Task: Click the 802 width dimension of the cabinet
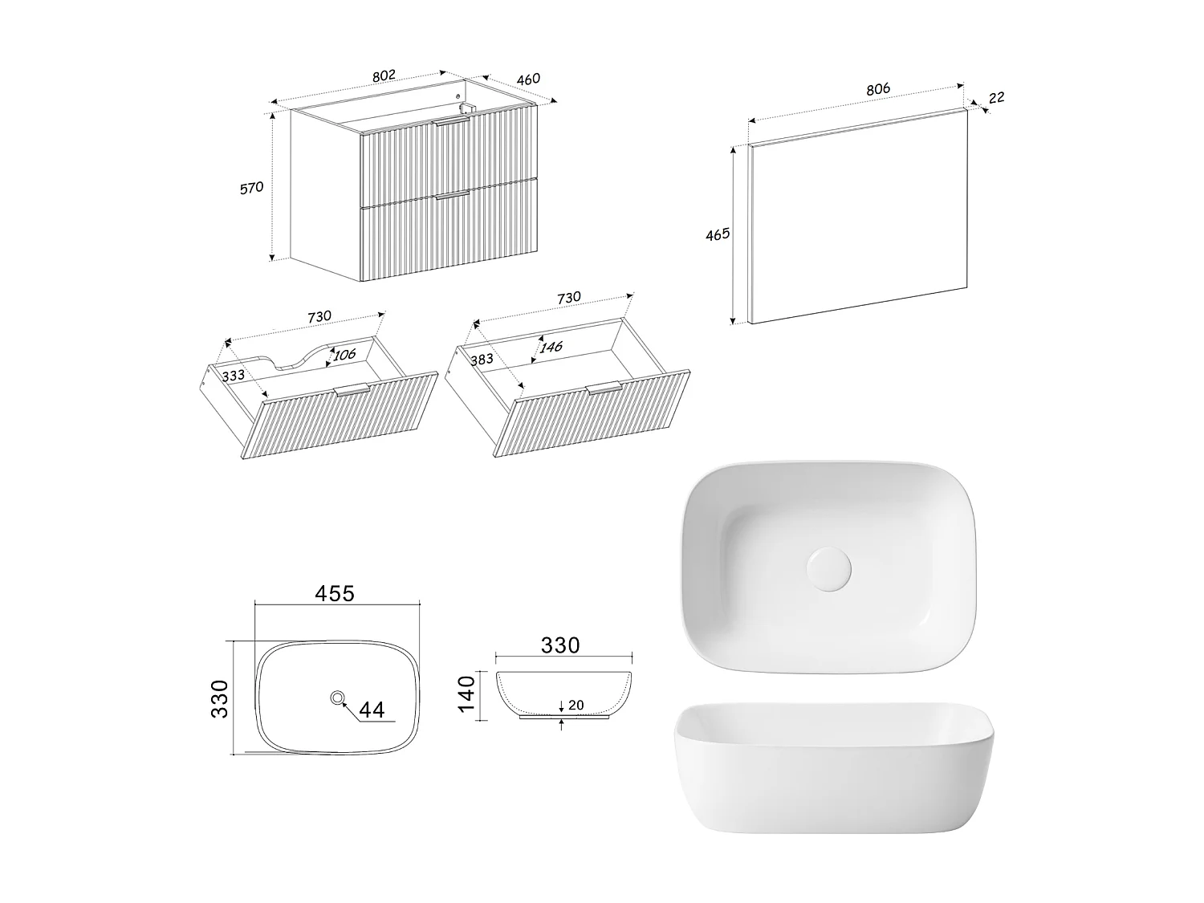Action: (384, 75)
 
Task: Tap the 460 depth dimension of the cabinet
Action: (528, 79)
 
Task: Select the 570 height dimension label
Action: (252, 188)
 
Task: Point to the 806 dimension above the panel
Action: (878, 89)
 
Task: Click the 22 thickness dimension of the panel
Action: (997, 98)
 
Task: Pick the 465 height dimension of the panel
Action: (718, 234)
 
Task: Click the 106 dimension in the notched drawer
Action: (344, 355)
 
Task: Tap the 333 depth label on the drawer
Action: (233, 376)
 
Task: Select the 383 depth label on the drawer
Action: (482, 359)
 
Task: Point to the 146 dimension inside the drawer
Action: (551, 347)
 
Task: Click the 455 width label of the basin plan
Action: (335, 593)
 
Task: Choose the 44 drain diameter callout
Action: (372, 710)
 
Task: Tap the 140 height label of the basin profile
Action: (466, 694)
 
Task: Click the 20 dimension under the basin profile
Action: (576, 705)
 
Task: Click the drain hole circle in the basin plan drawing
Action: (337, 698)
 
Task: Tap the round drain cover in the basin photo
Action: (829, 568)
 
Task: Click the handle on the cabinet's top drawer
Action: (451, 121)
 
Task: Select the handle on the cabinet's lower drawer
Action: (453, 194)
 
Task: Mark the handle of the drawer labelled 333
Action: (352, 390)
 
